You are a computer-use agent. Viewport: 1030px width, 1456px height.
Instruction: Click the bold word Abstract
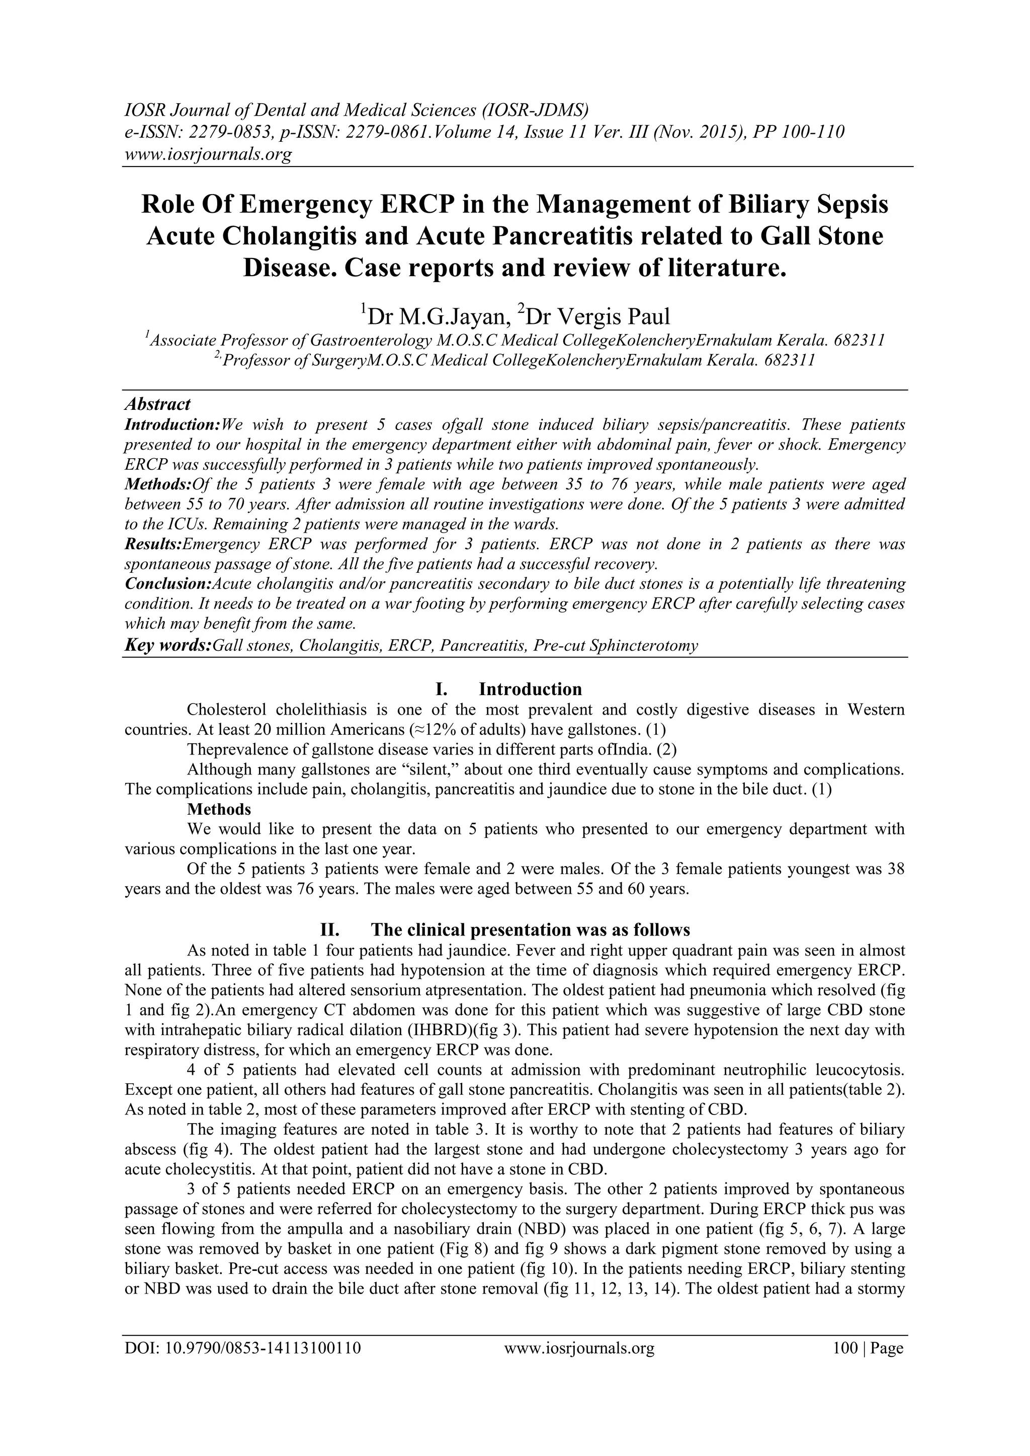[x=158, y=404]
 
